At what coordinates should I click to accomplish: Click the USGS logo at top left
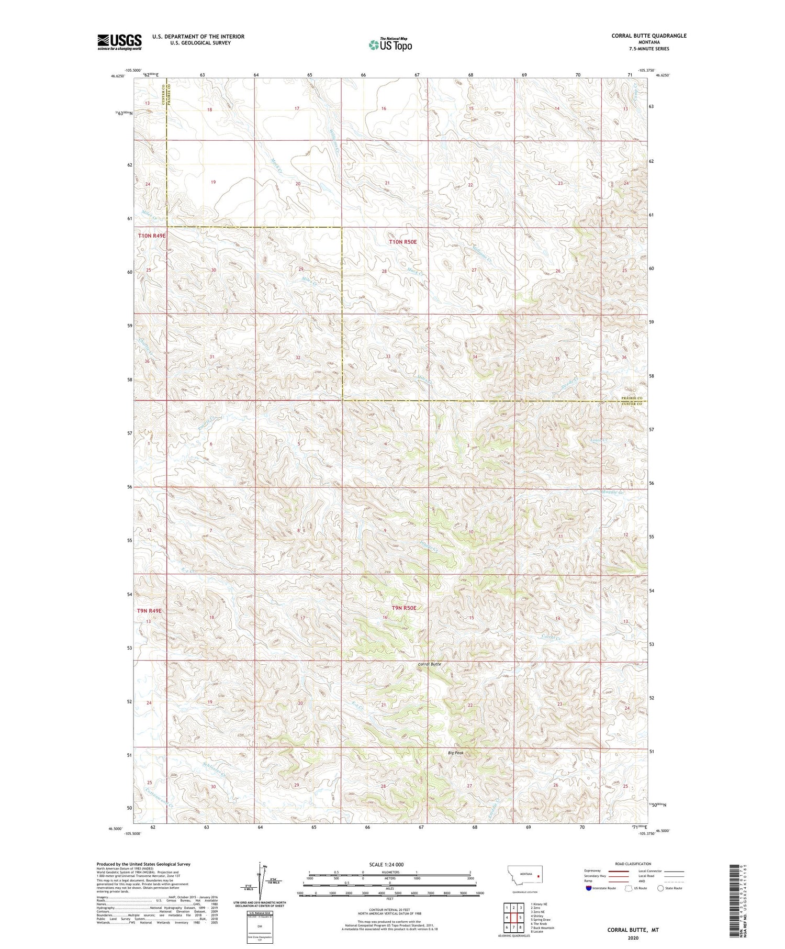[119, 42]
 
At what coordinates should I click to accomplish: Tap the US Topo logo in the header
[390, 44]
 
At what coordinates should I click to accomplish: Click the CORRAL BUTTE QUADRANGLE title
[648, 36]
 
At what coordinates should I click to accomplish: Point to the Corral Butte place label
[429, 664]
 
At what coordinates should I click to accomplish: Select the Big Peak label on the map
[455, 753]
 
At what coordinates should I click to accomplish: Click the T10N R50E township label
[402, 242]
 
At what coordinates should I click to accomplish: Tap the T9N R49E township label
[150, 610]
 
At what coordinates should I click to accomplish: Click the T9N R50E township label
[404, 608]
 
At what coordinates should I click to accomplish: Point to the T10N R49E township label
[152, 236]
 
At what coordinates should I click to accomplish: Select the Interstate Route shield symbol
[589, 888]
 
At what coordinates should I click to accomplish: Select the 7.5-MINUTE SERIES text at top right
[649, 49]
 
